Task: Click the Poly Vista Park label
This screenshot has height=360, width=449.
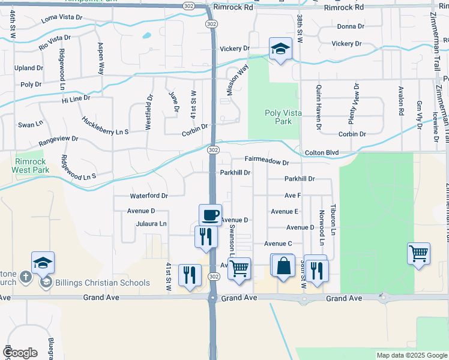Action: (279, 117)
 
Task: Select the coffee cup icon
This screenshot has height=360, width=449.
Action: (210, 214)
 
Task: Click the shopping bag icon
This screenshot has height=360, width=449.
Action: (283, 265)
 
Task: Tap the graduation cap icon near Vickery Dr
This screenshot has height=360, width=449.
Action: (280, 48)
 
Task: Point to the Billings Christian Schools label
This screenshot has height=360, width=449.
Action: (102, 283)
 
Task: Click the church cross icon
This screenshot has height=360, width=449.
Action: (25, 277)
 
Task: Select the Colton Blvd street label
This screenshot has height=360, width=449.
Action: (322, 153)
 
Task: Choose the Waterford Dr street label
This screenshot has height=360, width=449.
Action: (148, 196)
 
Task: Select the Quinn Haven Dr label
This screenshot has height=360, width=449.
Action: (318, 107)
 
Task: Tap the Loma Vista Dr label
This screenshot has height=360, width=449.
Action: (61, 18)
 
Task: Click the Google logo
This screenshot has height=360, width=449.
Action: (20, 353)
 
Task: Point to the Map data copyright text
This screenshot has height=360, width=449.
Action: (412, 355)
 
